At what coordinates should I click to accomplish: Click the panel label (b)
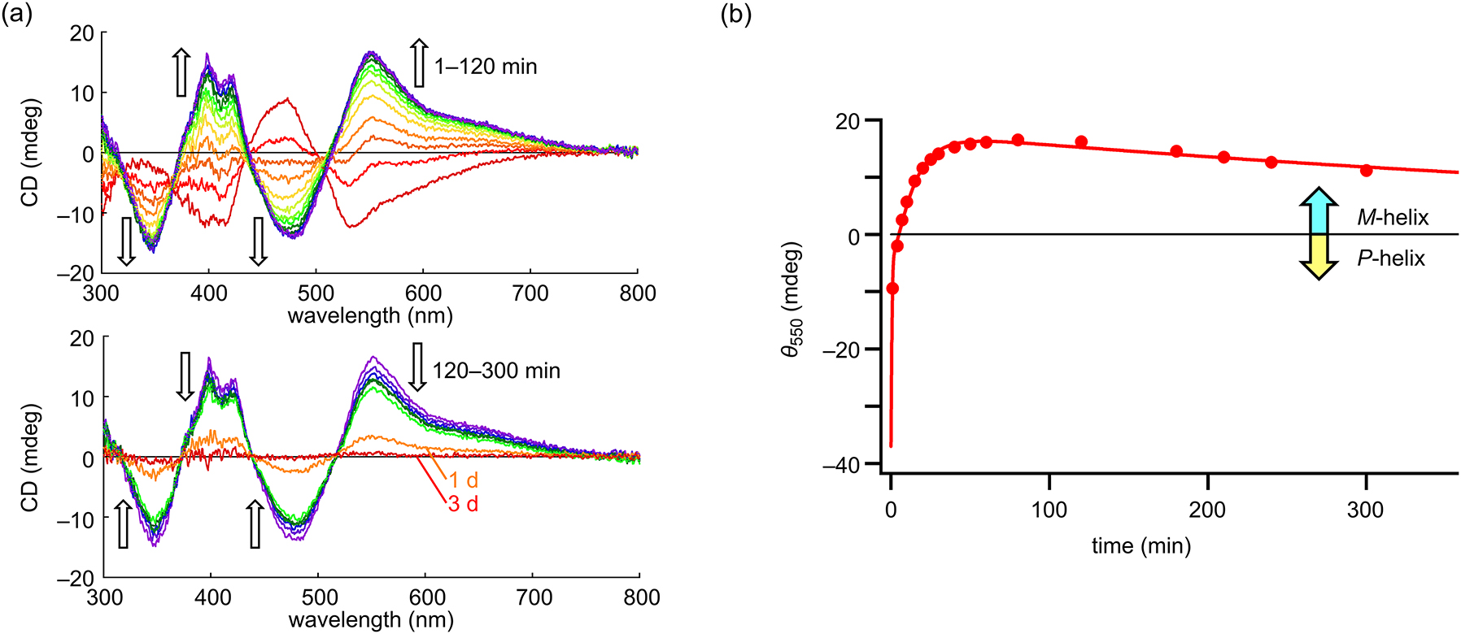tap(737, 14)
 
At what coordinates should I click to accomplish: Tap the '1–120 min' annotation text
tap(486, 67)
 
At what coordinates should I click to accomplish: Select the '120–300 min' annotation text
tap(496, 371)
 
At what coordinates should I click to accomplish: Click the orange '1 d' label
tap(463, 480)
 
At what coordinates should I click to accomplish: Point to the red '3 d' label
tap(463, 504)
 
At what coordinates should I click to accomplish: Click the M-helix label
tap(1392, 218)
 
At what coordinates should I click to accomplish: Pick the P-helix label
tap(1391, 258)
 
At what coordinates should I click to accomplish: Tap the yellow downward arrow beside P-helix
tap(1319, 257)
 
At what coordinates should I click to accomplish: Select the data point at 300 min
tap(1366, 171)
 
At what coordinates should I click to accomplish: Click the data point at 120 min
tap(1081, 142)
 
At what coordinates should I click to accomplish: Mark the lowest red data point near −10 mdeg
tap(892, 289)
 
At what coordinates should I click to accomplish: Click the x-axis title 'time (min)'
tap(1140, 546)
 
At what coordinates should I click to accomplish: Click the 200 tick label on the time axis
tap(1207, 510)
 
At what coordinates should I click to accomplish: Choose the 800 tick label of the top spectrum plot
tap(637, 293)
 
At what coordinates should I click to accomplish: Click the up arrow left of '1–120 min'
tap(418, 63)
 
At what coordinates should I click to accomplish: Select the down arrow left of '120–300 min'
tap(417, 367)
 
